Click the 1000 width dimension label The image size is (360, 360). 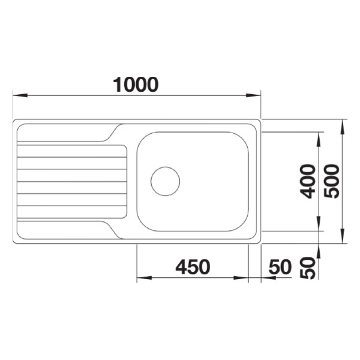click(136, 85)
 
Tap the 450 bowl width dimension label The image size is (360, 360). click(193, 267)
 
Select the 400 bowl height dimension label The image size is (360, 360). click(308, 181)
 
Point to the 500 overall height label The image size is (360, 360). click(332, 181)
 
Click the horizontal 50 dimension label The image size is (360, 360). click(280, 267)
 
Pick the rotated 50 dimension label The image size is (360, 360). click(308, 268)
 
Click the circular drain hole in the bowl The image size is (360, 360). click(166, 181)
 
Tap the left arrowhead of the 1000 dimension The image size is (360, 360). click(20, 95)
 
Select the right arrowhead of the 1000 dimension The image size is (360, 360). click(253, 95)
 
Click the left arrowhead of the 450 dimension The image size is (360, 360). click(144, 278)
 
